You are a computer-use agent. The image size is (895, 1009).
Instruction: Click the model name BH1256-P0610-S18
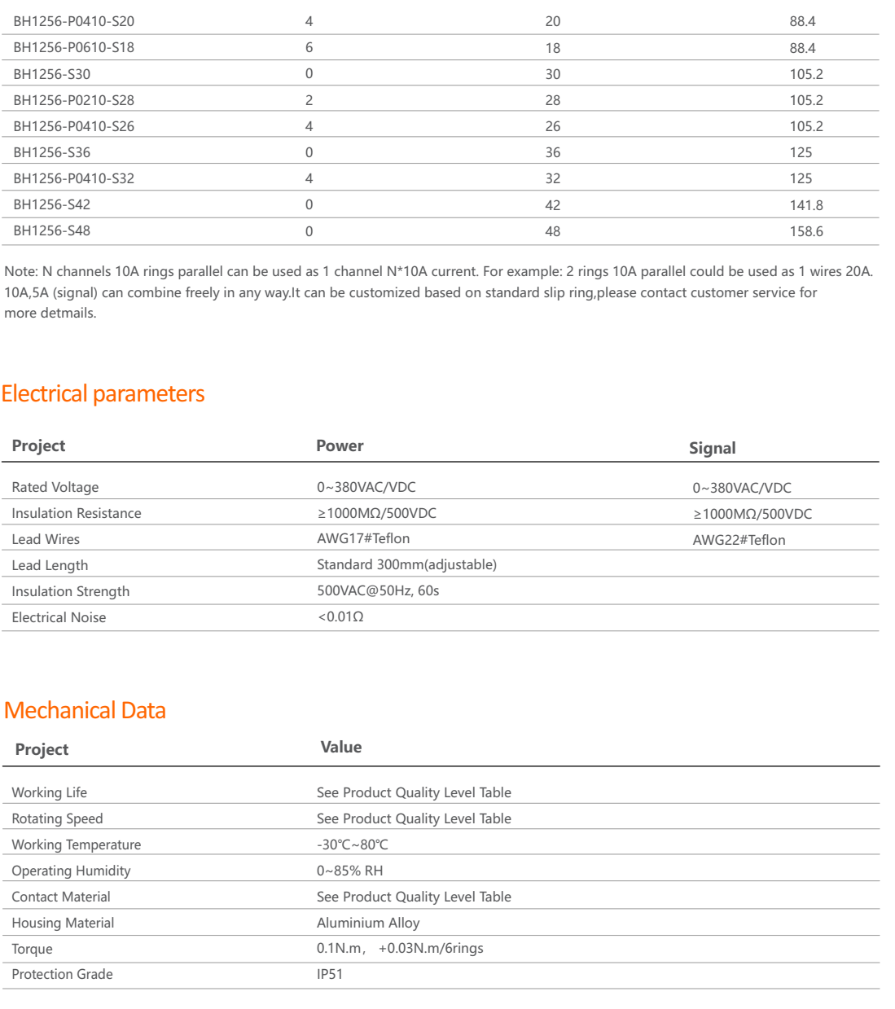(73, 47)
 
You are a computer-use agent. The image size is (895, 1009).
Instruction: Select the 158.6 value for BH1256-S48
(805, 231)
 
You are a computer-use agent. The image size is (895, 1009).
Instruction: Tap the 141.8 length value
(805, 205)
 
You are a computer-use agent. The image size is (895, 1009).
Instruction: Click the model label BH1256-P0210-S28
(73, 100)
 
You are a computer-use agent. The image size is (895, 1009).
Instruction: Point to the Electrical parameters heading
(103, 394)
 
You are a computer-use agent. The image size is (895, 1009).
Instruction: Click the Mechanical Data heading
(85, 710)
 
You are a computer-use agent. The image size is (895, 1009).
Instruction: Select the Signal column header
(712, 448)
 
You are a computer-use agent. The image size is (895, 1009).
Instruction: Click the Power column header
(340, 445)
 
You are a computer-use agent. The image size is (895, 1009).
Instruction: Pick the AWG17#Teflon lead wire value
(363, 538)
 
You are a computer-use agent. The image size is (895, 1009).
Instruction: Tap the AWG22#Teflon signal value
(739, 540)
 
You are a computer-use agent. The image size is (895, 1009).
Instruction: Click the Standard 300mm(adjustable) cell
(406, 564)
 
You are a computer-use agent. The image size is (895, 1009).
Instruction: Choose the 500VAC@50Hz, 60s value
(378, 590)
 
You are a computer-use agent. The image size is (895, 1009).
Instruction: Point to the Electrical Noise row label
(59, 617)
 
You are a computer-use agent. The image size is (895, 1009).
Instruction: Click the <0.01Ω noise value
(340, 616)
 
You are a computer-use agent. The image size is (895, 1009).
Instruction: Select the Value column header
(340, 747)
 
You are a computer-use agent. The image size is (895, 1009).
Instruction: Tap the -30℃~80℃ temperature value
(352, 844)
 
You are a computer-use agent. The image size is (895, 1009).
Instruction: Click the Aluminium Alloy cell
(368, 923)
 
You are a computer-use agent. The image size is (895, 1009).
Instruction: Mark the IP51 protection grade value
(330, 974)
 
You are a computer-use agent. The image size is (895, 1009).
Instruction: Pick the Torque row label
(32, 949)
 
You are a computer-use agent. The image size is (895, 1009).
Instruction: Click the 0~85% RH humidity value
(349, 871)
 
